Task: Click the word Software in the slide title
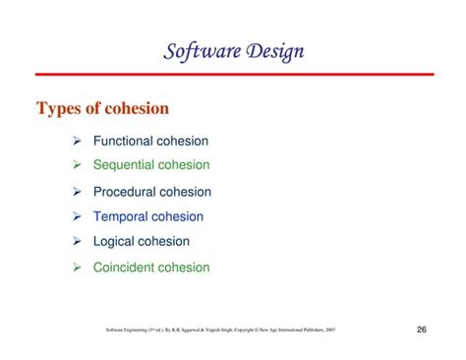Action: tap(200, 50)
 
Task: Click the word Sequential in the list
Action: tap(126, 165)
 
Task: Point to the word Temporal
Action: tap(122, 216)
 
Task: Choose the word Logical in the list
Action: tap(115, 241)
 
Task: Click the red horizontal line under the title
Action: tap(232, 74)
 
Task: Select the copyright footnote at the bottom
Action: tap(220, 330)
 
